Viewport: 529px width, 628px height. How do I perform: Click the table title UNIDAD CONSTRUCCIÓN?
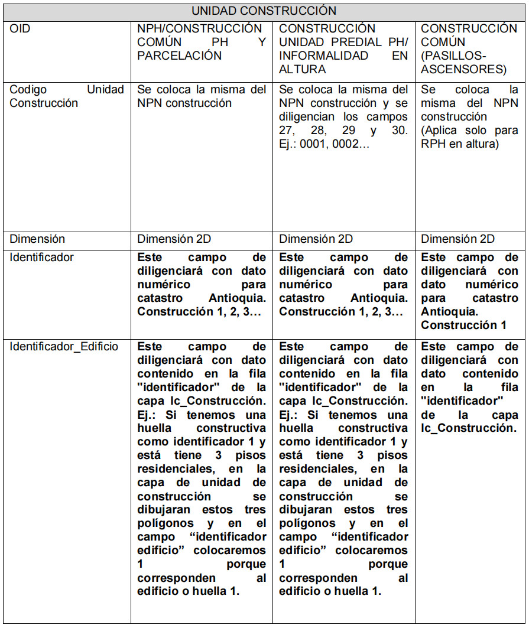point(264,11)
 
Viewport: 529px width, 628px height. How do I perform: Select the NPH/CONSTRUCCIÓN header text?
point(199,28)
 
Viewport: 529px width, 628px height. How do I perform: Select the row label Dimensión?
point(37,239)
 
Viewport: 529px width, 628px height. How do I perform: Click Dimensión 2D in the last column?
point(457,239)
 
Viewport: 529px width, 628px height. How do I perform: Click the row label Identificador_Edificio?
point(64,347)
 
